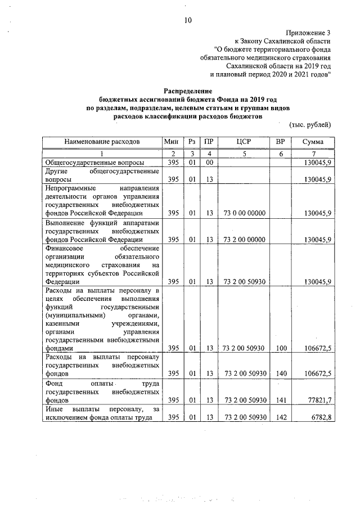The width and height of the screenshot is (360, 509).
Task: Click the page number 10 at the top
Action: [x=188, y=21]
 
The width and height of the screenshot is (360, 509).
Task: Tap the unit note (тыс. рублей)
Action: [x=310, y=124]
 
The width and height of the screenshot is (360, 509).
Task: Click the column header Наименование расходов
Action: [x=101, y=142]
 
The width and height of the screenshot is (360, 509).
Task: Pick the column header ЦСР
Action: [x=244, y=142]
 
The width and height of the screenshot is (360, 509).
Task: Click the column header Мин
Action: [x=171, y=142]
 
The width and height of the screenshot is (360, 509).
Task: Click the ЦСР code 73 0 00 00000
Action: [x=244, y=213]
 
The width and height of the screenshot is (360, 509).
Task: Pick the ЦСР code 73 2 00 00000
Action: [x=244, y=239]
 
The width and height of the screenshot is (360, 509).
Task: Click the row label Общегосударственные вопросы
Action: [x=90, y=163]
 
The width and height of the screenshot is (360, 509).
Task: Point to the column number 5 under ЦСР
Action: [x=244, y=154]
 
